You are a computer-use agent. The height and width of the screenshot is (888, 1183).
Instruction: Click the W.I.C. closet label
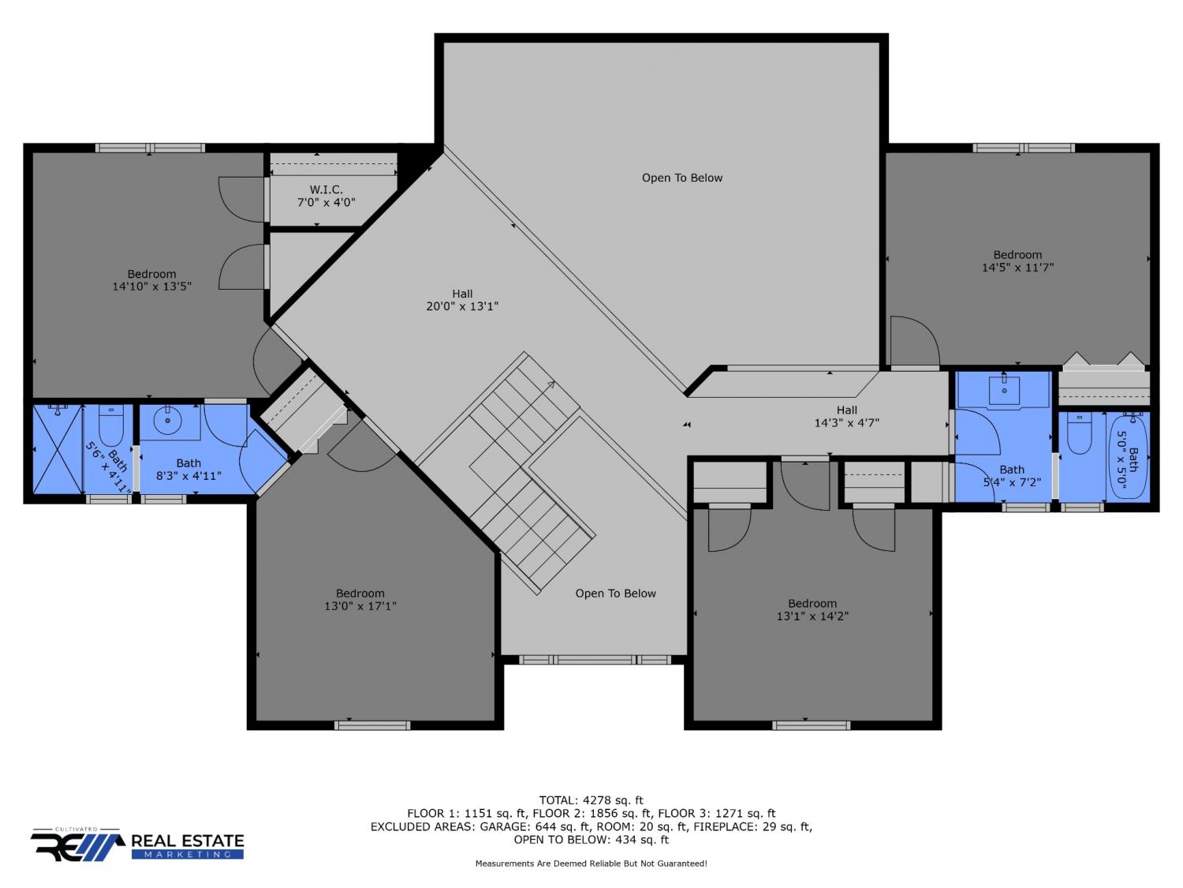[326, 197]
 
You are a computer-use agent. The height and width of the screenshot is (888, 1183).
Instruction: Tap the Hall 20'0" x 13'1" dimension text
[462, 306]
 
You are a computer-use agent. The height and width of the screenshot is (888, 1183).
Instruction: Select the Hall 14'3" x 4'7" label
[846, 417]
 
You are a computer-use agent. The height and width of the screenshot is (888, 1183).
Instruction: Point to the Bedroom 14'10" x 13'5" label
[152, 280]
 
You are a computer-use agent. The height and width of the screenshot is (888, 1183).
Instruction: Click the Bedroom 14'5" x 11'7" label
[1017, 261]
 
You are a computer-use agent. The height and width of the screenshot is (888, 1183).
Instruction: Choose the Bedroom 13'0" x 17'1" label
[360, 600]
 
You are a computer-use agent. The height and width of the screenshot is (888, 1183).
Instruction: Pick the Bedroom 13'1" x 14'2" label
[812, 610]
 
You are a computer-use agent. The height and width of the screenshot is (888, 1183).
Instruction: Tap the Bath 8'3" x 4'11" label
[188, 470]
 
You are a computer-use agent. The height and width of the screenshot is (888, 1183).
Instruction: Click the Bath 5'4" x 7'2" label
[1012, 476]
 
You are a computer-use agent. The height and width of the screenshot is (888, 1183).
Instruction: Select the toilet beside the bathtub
[1080, 433]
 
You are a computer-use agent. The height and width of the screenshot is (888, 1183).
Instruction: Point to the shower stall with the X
[57, 449]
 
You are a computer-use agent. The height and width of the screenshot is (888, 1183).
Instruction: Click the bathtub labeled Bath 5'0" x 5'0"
[1128, 457]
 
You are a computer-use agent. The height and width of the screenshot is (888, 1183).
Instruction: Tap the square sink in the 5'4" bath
[1003, 389]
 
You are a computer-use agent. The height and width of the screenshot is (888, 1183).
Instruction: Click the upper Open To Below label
[681, 178]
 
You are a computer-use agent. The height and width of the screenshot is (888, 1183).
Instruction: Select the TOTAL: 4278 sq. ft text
[591, 800]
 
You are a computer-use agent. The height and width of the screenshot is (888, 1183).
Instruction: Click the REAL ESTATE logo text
[188, 841]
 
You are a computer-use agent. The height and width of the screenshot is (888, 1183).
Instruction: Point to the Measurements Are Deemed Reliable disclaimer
[591, 864]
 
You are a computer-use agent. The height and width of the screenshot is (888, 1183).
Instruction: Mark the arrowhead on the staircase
[551, 384]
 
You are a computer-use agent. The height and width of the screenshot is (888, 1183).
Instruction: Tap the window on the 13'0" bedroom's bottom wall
[372, 725]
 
